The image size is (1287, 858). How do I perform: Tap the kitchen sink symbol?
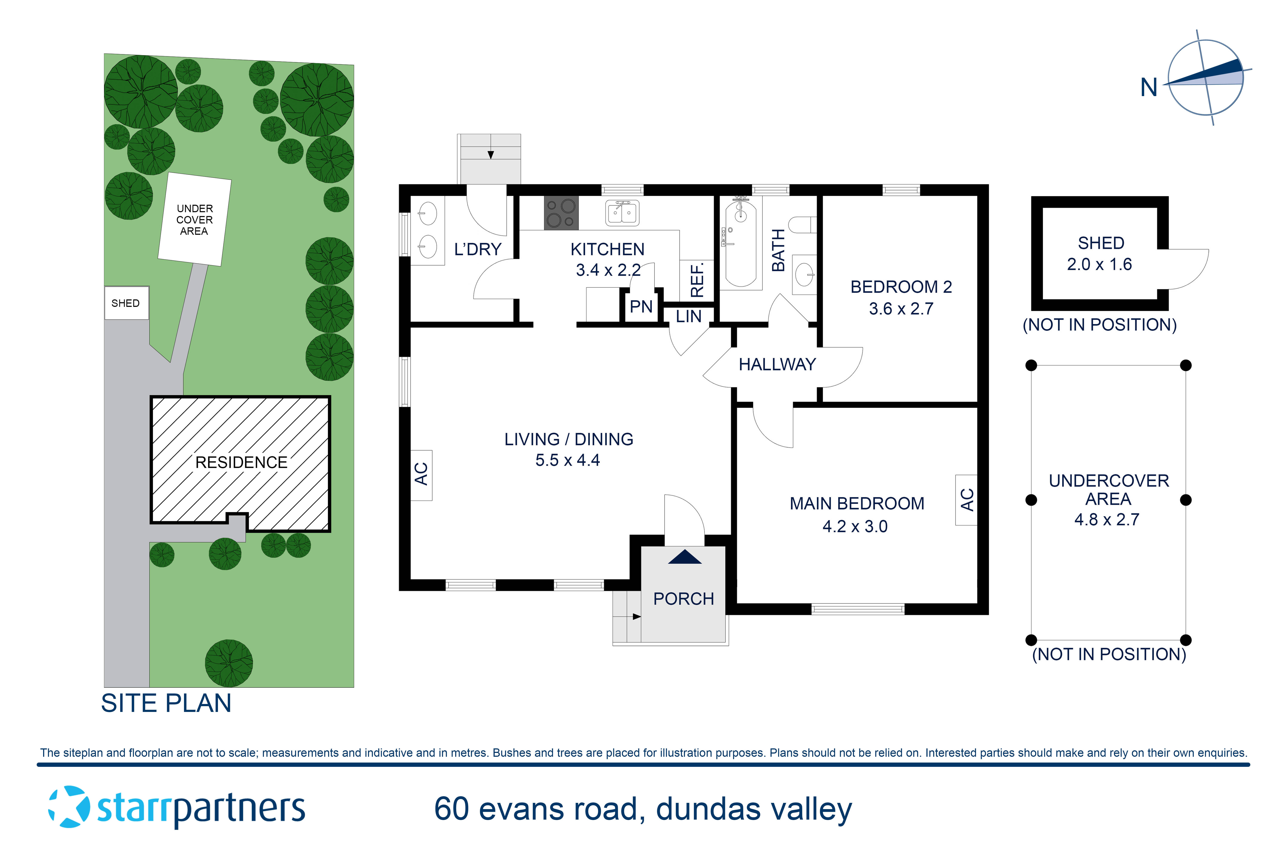(x=622, y=213)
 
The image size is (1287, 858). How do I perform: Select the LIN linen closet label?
(x=688, y=316)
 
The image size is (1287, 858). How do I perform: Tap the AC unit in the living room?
(x=421, y=475)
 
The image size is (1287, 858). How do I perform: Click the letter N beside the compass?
(x=1149, y=88)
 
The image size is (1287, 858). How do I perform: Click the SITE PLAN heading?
(x=166, y=703)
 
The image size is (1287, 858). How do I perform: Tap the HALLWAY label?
(x=777, y=364)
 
